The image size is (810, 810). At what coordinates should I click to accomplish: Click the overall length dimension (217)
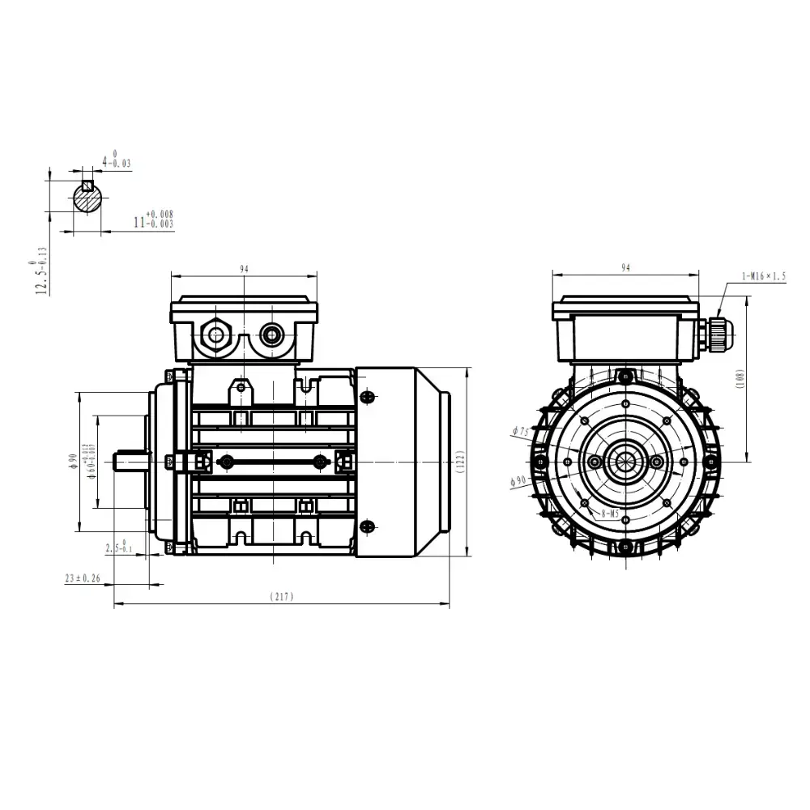click(x=281, y=597)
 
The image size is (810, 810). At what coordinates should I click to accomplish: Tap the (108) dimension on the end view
click(x=740, y=379)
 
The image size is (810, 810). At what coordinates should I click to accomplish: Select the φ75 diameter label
click(x=521, y=432)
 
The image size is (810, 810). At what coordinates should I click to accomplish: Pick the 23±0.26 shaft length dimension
click(x=83, y=578)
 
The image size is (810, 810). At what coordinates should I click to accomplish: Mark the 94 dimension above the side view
click(x=243, y=268)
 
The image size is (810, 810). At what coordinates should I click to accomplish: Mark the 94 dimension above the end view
click(x=625, y=268)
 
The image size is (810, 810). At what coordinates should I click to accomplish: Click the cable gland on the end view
click(x=718, y=332)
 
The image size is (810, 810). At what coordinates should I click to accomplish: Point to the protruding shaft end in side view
click(x=130, y=461)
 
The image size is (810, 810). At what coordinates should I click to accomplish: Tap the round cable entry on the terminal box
click(x=270, y=334)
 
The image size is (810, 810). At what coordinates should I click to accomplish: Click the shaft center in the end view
click(x=625, y=462)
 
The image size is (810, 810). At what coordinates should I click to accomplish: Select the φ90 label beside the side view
click(x=73, y=461)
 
